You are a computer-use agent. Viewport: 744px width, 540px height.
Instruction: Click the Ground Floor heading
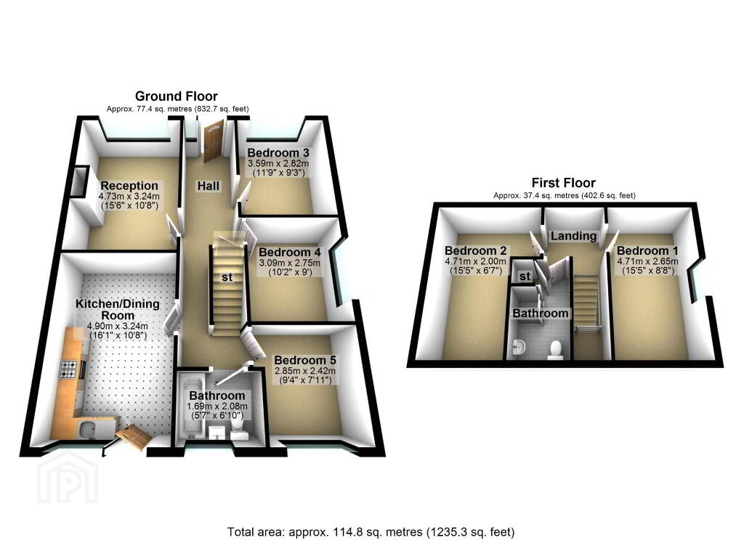click(x=176, y=97)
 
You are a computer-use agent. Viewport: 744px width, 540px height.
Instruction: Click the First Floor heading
click(x=563, y=182)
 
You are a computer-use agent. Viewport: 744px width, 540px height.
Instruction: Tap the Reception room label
click(x=129, y=186)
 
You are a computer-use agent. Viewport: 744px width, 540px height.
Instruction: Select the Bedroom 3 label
click(x=278, y=152)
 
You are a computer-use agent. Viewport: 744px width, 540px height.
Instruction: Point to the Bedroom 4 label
click(x=289, y=253)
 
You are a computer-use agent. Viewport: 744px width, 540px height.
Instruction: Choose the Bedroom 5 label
click(x=304, y=360)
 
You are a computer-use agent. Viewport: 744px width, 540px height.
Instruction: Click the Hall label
click(x=209, y=186)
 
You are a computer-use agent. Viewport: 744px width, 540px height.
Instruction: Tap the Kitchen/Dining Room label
click(x=118, y=310)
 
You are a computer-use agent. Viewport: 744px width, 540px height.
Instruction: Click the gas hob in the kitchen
click(x=69, y=369)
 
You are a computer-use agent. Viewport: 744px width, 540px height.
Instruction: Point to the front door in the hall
click(x=214, y=141)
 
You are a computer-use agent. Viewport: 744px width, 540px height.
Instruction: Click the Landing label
click(x=573, y=236)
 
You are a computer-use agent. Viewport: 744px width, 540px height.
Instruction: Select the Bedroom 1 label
click(x=647, y=250)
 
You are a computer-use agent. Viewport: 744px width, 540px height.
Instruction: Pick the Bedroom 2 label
click(x=475, y=250)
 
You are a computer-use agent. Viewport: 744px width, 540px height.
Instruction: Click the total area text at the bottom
click(x=371, y=532)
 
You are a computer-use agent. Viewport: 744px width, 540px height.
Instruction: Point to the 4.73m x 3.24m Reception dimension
click(x=129, y=196)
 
